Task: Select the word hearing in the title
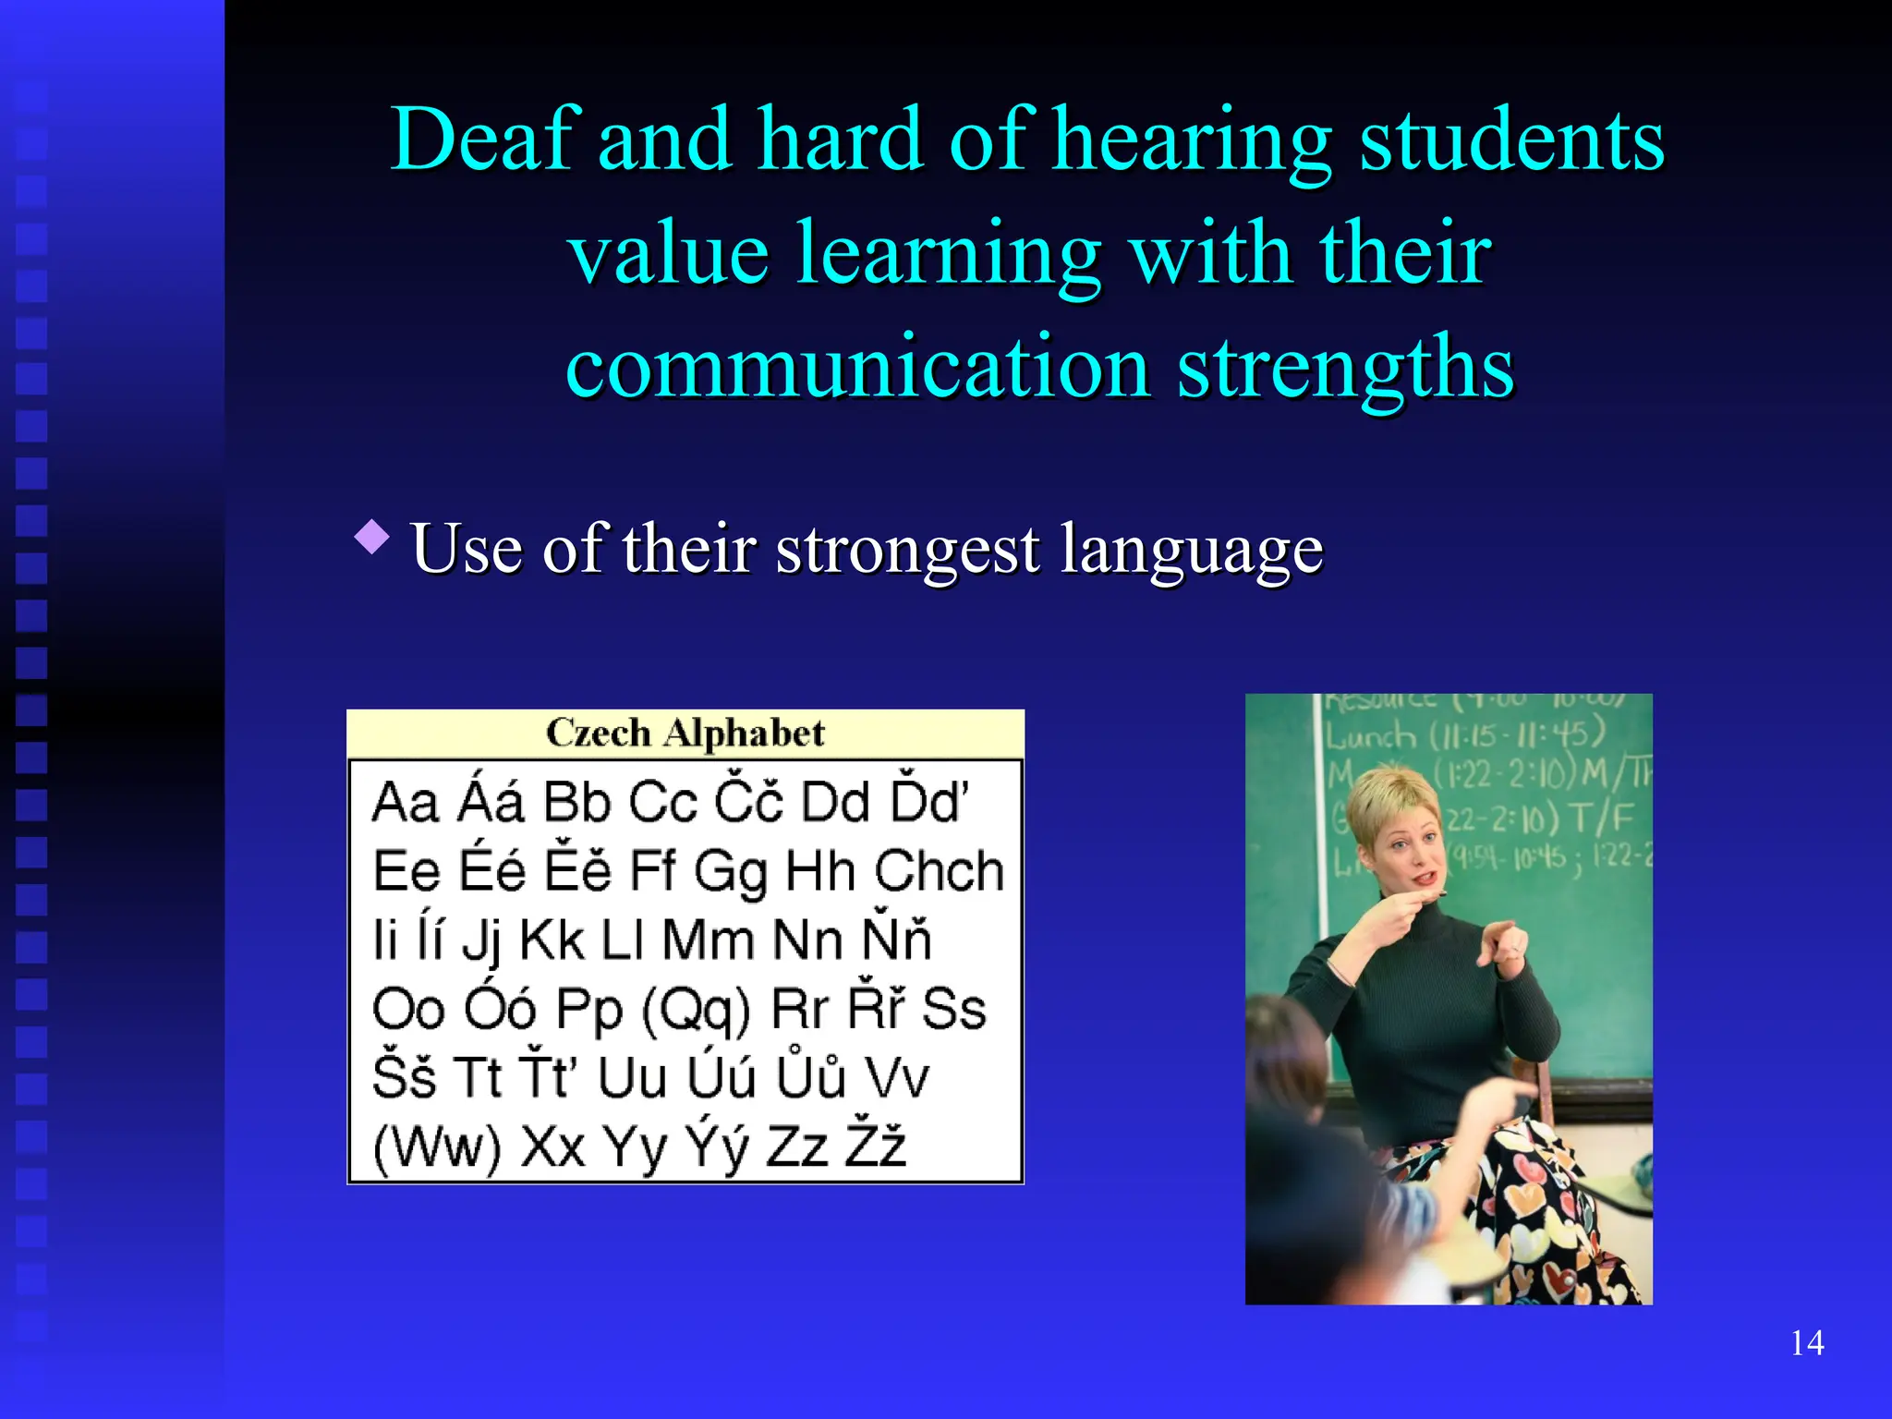1192,141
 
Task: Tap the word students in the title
1512,139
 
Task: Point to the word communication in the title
857,368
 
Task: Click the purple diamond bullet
371,537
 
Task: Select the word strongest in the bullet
907,551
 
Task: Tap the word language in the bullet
1192,551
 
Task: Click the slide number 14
1807,1342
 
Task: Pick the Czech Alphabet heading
685,734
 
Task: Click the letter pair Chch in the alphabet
939,870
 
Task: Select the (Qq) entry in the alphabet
695,1009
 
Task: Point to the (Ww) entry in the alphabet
437,1147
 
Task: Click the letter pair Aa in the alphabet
405,802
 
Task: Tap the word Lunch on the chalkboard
1371,736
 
